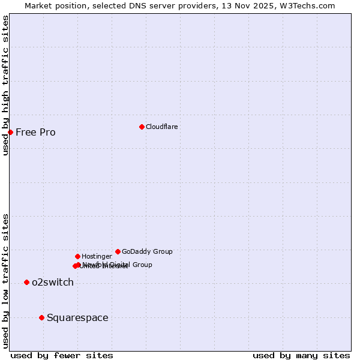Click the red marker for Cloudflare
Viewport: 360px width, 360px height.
tap(142, 127)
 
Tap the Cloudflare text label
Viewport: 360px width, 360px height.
tap(161, 127)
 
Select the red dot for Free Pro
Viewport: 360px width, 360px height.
tap(10, 132)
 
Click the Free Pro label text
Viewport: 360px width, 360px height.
tap(35, 132)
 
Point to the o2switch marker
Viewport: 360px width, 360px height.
tap(26, 282)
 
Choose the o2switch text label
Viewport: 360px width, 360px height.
tap(53, 282)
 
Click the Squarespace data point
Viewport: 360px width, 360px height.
tap(41, 317)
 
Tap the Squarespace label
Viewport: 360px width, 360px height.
tap(77, 317)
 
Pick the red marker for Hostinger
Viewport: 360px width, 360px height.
tap(77, 256)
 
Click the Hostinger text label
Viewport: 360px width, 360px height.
tap(97, 256)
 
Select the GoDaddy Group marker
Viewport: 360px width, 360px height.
tap(118, 251)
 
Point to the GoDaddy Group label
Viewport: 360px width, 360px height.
tap(147, 251)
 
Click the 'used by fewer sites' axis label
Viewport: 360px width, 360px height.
tap(62, 355)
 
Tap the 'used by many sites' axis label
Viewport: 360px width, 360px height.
tap(301, 355)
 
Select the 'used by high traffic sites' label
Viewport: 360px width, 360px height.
tap(5, 85)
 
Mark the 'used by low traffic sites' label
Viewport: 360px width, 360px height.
tap(5, 281)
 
